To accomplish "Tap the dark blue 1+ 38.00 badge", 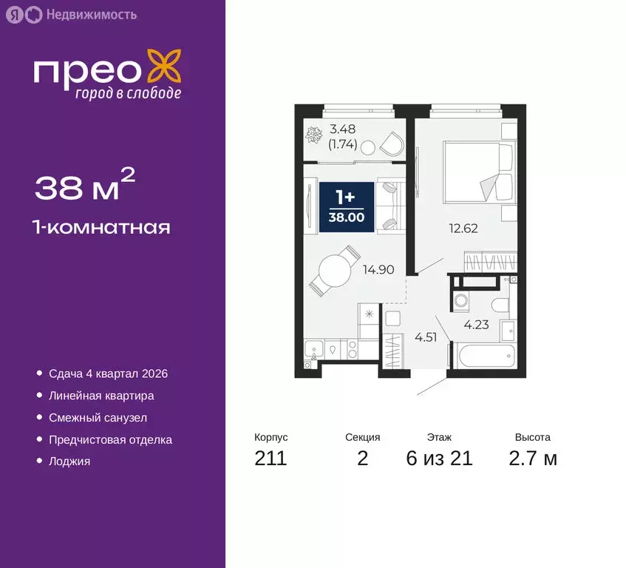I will (x=346, y=206).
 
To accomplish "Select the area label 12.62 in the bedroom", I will (x=463, y=228).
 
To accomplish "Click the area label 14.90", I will (x=378, y=270).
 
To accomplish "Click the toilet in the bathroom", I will (x=500, y=304).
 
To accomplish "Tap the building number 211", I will (x=271, y=459).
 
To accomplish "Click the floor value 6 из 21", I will (x=439, y=459).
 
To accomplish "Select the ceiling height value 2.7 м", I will (x=533, y=459).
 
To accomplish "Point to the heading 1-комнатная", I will (x=103, y=227).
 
